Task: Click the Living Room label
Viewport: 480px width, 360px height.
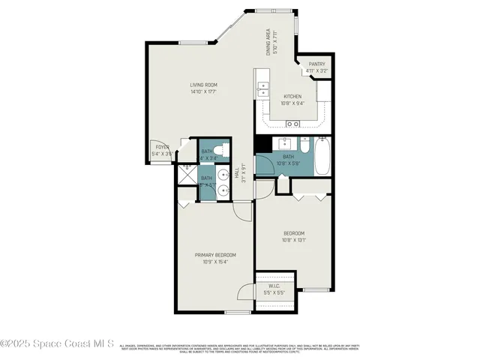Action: (x=202, y=85)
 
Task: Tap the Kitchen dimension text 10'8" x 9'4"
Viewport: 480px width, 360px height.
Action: (x=292, y=103)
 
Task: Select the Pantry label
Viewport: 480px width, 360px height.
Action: (x=316, y=64)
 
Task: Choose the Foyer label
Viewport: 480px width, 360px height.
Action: (x=161, y=147)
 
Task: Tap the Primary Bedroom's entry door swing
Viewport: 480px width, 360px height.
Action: (x=241, y=210)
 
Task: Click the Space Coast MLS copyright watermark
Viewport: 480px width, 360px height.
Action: (x=57, y=343)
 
